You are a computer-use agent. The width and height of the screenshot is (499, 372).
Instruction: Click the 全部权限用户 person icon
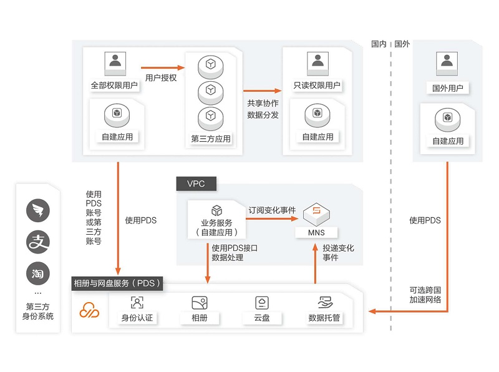click(115, 61)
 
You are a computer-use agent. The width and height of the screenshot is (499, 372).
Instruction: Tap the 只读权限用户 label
click(317, 86)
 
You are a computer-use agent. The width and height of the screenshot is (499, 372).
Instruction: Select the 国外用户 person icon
click(447, 61)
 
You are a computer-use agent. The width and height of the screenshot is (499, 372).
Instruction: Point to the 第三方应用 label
click(210, 139)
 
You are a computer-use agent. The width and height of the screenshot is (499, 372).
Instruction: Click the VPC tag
click(195, 184)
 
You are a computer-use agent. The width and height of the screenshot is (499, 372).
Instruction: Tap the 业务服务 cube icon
click(216, 210)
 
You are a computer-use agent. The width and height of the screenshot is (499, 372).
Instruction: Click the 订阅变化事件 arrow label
click(272, 210)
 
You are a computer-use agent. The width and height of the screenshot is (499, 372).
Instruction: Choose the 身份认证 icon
click(137, 303)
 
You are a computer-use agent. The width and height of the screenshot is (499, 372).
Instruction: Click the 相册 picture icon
click(199, 303)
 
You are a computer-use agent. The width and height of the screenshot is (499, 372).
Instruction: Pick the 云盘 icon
click(261, 303)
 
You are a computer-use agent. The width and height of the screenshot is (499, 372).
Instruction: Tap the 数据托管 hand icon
click(324, 303)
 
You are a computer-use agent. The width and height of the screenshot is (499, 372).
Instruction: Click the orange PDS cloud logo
click(89, 308)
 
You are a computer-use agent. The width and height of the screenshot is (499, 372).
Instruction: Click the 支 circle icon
click(37, 242)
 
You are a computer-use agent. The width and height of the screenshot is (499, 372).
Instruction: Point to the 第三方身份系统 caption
click(38, 311)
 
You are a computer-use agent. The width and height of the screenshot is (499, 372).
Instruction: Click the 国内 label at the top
click(379, 44)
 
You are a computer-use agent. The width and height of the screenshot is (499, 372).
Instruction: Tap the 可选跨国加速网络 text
click(425, 295)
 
